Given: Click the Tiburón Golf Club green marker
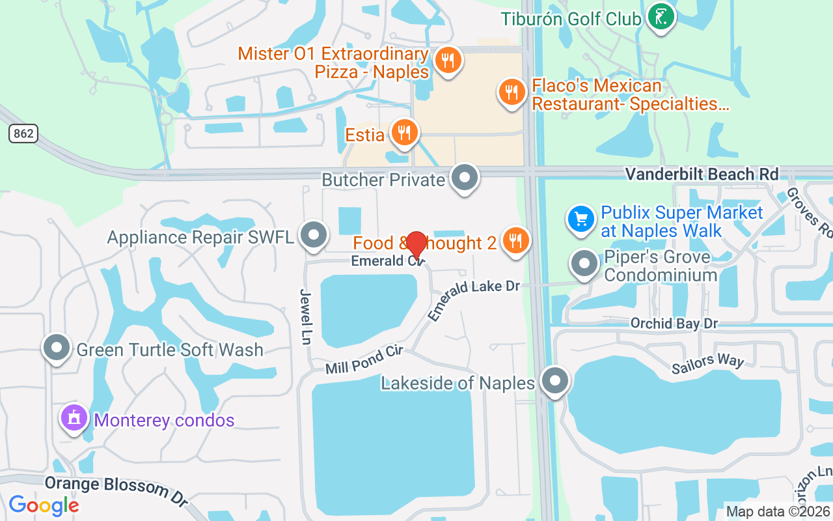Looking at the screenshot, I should pyautogui.click(x=661, y=17).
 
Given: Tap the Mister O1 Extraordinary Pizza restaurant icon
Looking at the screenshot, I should pyautogui.click(x=447, y=61).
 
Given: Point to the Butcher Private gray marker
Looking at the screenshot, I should pyautogui.click(x=465, y=178).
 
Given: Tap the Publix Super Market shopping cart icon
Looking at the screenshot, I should pyautogui.click(x=580, y=219).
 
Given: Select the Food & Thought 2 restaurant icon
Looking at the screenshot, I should pyautogui.click(x=516, y=241).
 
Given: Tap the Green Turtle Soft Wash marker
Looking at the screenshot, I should pyautogui.click(x=57, y=348).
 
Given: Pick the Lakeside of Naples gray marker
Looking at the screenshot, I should pyautogui.click(x=555, y=382).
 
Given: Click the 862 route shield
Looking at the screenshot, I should pyautogui.click(x=23, y=134).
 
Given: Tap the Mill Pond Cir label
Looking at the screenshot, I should pyautogui.click(x=364, y=360).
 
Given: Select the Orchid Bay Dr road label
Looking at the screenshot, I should pyautogui.click(x=674, y=324).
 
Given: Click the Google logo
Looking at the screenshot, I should pyautogui.click(x=44, y=505).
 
